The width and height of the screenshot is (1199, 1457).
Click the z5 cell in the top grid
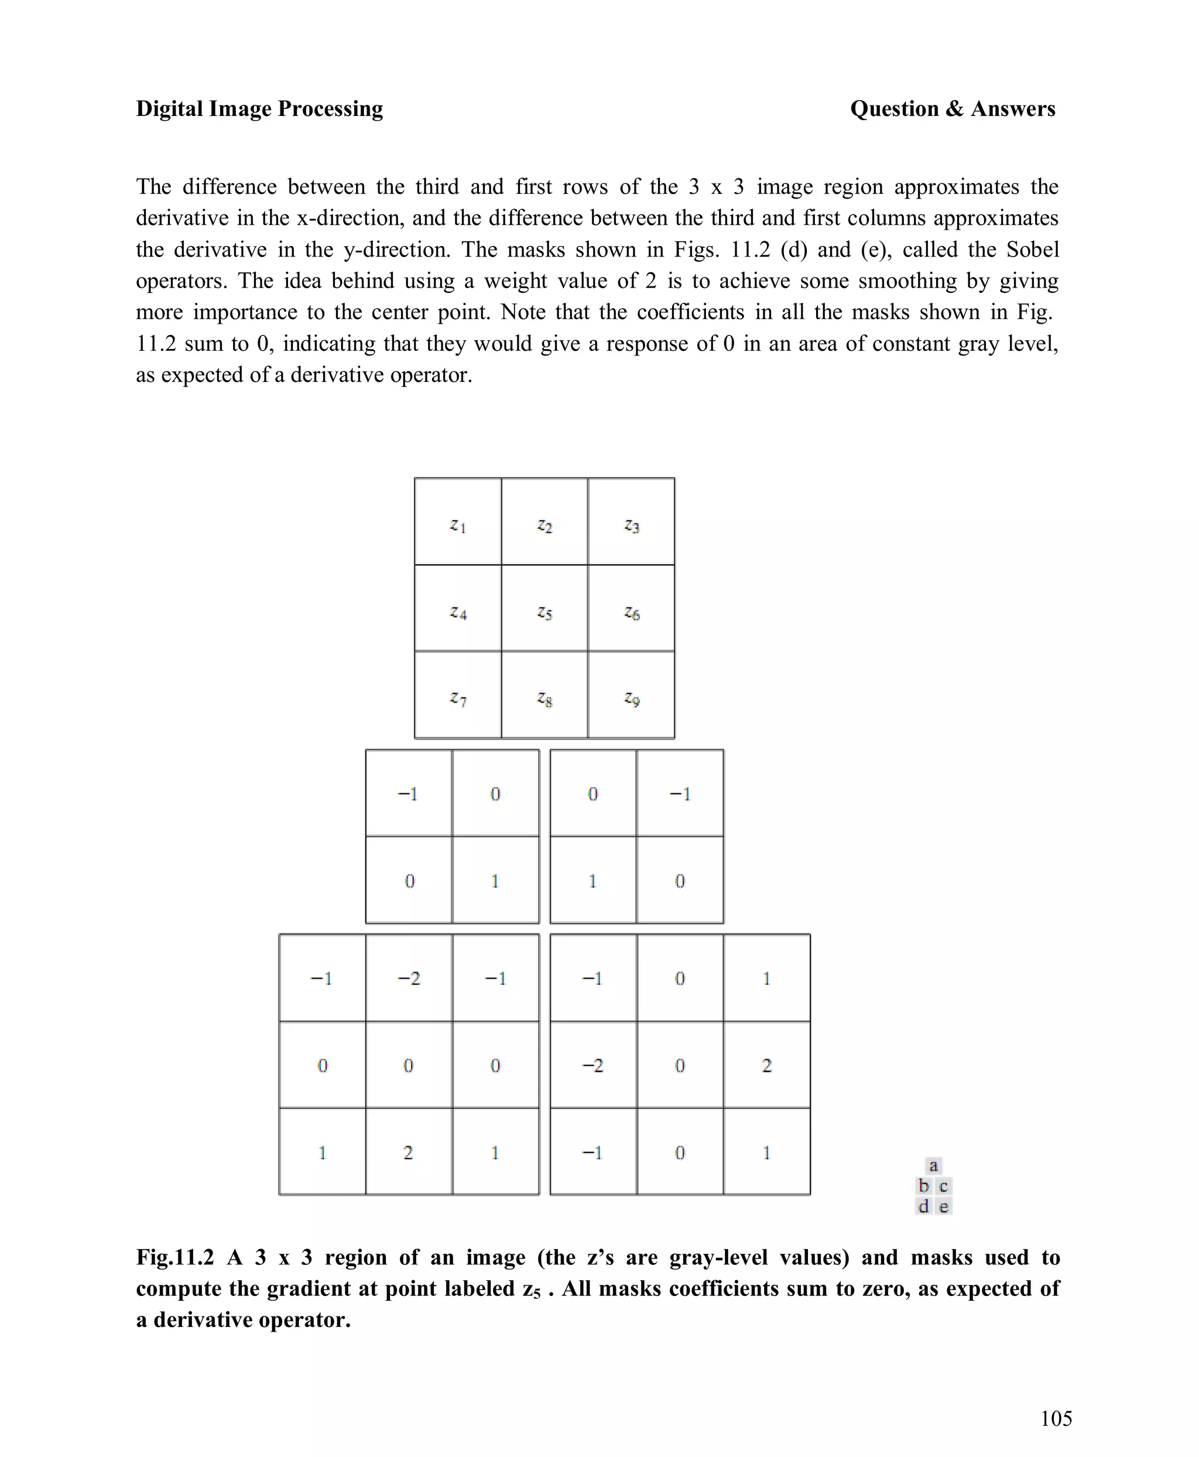click(x=544, y=613)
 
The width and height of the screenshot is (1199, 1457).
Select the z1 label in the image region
click(x=458, y=526)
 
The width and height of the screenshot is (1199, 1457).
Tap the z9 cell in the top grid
click(x=631, y=699)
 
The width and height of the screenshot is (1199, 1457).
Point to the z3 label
click(x=631, y=526)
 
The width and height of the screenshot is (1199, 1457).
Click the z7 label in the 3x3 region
click(x=458, y=699)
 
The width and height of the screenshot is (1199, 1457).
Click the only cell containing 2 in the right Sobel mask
click(x=766, y=1065)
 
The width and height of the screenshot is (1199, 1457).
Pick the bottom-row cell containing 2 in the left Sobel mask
click(x=408, y=1152)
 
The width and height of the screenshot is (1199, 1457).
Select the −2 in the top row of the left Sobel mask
click(x=408, y=978)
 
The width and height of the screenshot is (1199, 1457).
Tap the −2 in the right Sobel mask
click(x=592, y=1065)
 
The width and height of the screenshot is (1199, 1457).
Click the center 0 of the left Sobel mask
click(x=408, y=1065)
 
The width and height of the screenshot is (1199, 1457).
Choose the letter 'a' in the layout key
click(x=933, y=1166)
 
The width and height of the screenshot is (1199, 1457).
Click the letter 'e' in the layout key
click(x=944, y=1207)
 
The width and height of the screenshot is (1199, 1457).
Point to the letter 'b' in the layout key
click(x=923, y=1186)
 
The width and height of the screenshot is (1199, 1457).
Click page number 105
click(x=1056, y=1419)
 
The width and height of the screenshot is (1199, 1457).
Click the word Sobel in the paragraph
click(x=1033, y=249)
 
